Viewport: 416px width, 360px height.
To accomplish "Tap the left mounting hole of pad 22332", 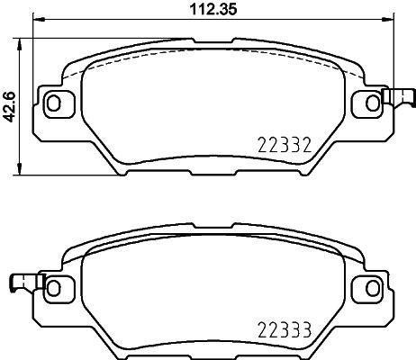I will tap(53, 103).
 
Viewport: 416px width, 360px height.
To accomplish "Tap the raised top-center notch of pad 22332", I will tap(208, 40).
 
